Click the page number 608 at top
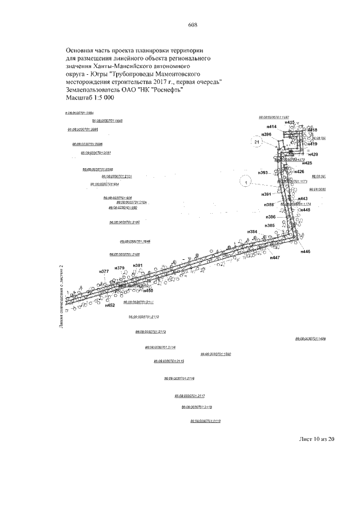192,25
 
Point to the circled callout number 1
245,181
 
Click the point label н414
272,127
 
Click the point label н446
305,252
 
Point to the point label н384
253,232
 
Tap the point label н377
103,272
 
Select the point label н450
148,291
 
